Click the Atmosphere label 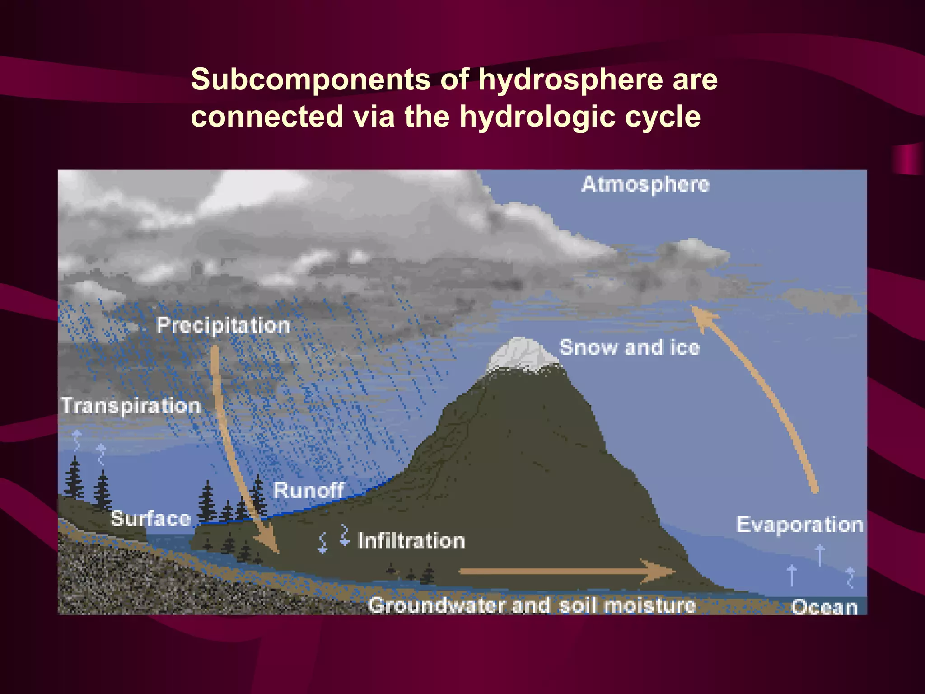pos(645,184)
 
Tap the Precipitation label pos(223,325)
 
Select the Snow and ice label pos(630,347)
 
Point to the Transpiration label pos(131,406)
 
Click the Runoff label pos(308,490)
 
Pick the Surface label pos(151,518)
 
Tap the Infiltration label pos(411,541)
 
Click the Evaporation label pos(800,525)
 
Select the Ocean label pos(824,607)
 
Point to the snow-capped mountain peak pos(523,355)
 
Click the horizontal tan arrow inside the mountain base pos(565,572)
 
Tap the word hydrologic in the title pos(537,117)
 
